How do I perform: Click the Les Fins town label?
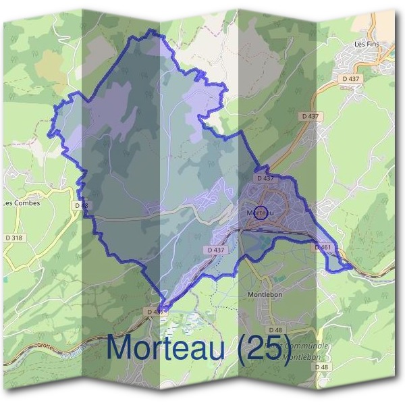click(x=367, y=43)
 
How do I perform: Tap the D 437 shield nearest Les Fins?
click(x=351, y=79)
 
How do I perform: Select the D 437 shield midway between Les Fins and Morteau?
click(x=310, y=116)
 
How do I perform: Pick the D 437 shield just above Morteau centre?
click(x=265, y=178)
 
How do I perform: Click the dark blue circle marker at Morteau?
click(x=261, y=213)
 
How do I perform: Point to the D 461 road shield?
click(x=322, y=248)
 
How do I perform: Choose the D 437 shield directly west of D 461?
click(x=216, y=250)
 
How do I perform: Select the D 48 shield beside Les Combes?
click(x=82, y=205)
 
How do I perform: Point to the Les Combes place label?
click(x=22, y=202)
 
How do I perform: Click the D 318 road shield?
click(x=13, y=238)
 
